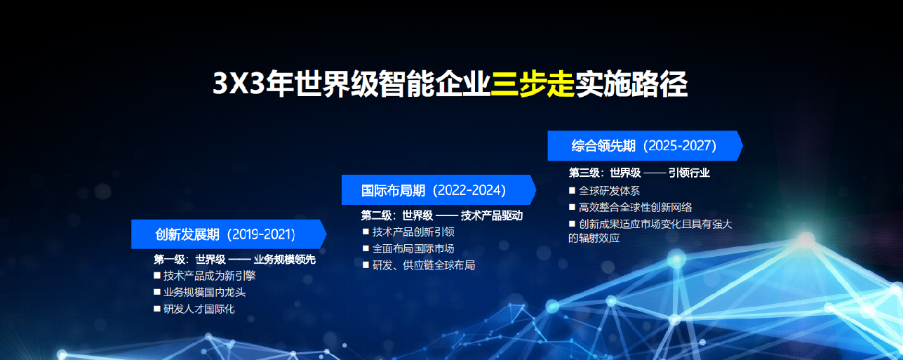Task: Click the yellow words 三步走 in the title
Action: coord(533,84)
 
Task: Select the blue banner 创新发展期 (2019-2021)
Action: coord(225,234)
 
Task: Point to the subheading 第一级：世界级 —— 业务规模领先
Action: coord(234,260)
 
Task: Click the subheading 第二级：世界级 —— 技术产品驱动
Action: coord(442,215)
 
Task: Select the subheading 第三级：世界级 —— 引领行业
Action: coord(639,173)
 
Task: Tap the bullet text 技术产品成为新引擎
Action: coord(209,276)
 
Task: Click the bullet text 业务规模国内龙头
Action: coord(204,292)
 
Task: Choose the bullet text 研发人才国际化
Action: coord(199,309)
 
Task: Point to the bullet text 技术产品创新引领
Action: coord(413,232)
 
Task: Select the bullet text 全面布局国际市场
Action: coord(413,248)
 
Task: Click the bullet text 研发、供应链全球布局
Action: coord(424,265)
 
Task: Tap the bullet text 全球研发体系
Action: coord(609,191)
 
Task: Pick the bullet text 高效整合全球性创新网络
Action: coord(636,207)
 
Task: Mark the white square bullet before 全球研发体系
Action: coord(572,190)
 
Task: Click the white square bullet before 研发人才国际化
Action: coord(157,309)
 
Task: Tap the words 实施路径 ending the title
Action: coord(631,84)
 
